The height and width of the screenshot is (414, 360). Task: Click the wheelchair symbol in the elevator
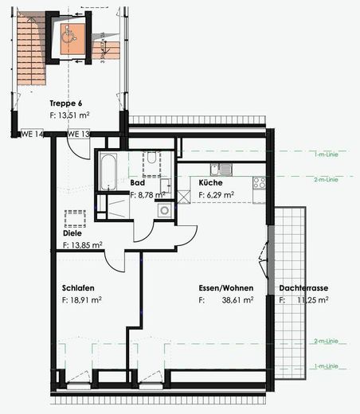tap(68, 34)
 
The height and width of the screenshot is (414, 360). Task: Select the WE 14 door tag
tap(31, 134)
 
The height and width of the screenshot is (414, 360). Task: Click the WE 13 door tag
tap(78, 134)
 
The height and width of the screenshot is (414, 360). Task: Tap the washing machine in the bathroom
tap(165, 210)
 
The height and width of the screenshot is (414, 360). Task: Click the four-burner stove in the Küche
tap(260, 183)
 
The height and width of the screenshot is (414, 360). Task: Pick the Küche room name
tap(212, 183)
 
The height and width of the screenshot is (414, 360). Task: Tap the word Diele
tap(73, 233)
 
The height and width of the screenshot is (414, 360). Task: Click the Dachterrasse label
tap(304, 288)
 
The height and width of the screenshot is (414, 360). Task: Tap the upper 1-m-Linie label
tap(326, 154)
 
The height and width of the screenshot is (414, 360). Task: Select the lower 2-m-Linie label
tap(326, 341)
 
